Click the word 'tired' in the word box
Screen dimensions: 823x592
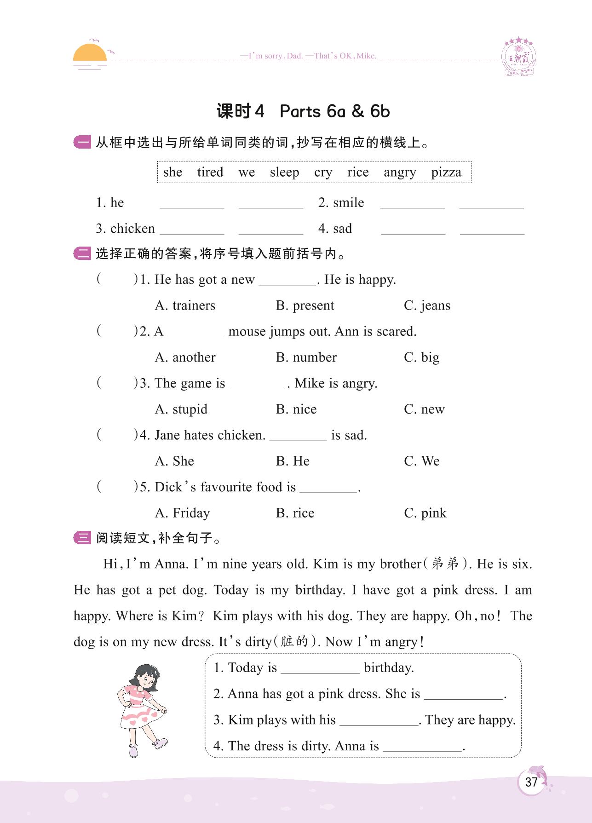(x=210, y=172)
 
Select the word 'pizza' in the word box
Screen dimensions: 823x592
(x=446, y=172)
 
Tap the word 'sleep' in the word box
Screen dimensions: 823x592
(x=284, y=172)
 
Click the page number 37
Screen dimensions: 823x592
(x=531, y=782)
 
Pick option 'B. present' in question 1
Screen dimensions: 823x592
(x=305, y=305)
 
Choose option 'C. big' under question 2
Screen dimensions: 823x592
(x=421, y=357)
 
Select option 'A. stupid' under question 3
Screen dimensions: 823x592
(x=181, y=409)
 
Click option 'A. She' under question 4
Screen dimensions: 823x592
(x=174, y=461)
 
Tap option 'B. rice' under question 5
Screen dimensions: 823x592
(x=295, y=513)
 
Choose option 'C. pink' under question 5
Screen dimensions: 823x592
(x=425, y=513)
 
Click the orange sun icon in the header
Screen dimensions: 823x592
(x=90, y=53)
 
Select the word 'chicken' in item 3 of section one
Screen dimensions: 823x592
(x=132, y=229)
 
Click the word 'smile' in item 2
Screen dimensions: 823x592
(x=348, y=203)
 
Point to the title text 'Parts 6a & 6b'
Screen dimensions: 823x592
(x=334, y=111)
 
